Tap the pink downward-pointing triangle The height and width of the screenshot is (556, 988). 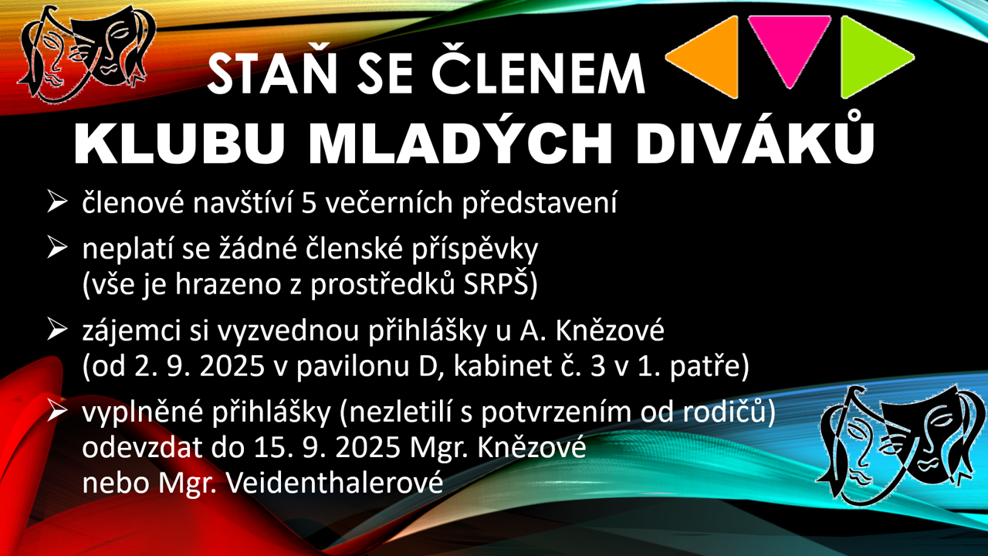tap(789, 44)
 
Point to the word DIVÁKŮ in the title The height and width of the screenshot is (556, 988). tap(755, 138)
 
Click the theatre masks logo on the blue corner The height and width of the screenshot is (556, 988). tap(900, 445)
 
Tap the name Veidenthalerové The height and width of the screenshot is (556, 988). tap(334, 483)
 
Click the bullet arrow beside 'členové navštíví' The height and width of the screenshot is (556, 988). tap(57, 202)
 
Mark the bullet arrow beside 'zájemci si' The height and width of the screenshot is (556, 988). tap(57, 329)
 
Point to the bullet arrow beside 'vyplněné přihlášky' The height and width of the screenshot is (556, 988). tap(57, 410)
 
